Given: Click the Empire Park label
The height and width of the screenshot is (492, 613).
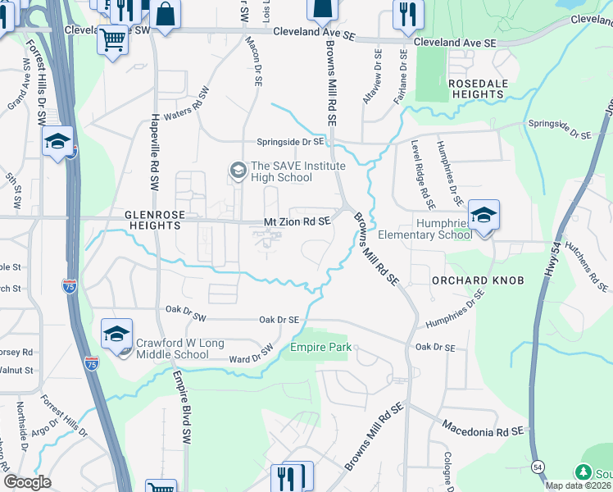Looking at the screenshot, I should click(x=321, y=348).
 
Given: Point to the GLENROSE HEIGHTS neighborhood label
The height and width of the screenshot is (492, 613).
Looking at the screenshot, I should click(x=153, y=219).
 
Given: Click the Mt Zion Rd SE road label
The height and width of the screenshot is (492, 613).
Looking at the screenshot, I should click(x=297, y=221).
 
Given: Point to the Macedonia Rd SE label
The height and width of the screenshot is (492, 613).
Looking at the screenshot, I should click(x=483, y=428).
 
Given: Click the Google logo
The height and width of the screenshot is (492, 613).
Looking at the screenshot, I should click(x=28, y=482).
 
